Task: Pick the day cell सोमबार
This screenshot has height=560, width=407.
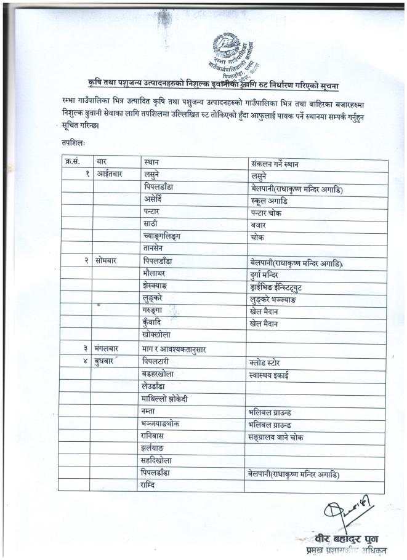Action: (x=108, y=261)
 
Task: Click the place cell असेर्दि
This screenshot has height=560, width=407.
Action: (x=155, y=201)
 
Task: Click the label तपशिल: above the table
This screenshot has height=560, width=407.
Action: (x=73, y=143)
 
